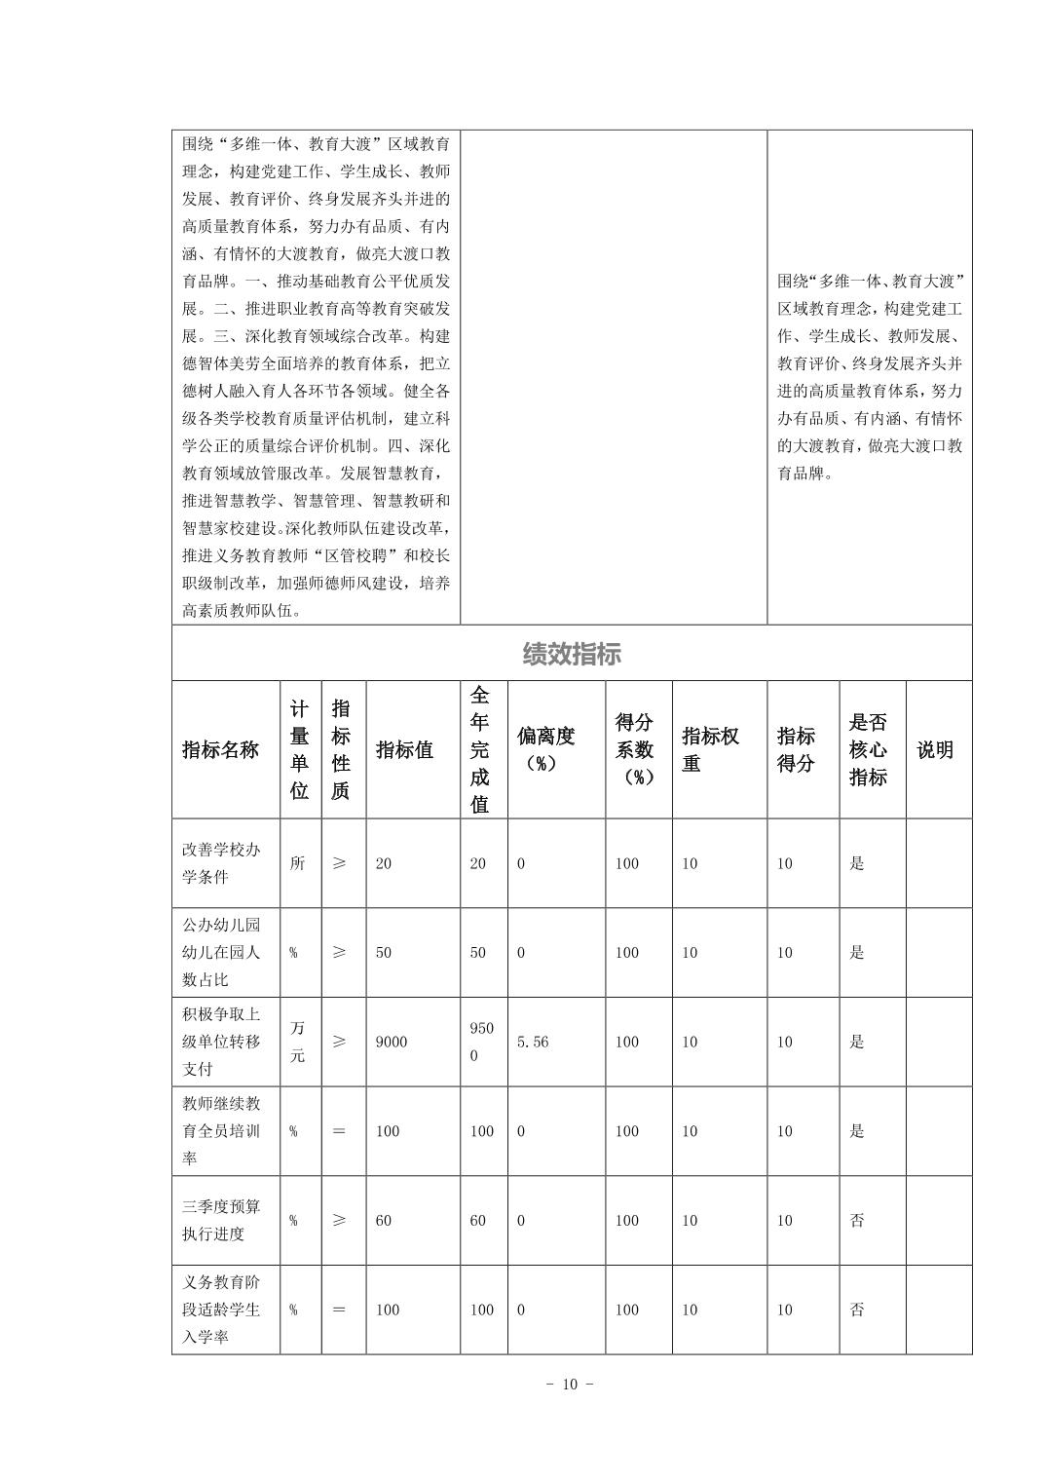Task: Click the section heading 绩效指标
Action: click(x=572, y=654)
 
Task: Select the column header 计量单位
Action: click(x=299, y=750)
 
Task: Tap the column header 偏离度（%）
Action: click(x=545, y=750)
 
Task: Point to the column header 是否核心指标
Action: click(x=868, y=750)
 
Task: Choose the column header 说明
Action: click(x=935, y=750)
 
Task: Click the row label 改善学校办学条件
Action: click(x=221, y=863)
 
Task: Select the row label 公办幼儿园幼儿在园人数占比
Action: click(x=221, y=952)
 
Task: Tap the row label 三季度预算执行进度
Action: click(x=221, y=1220)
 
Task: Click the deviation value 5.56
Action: click(x=533, y=1042)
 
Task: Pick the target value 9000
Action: click(x=392, y=1042)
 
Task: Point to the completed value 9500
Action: click(x=481, y=1042)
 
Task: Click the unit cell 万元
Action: click(x=297, y=1042)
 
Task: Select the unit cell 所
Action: click(x=297, y=863)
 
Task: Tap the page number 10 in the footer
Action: click(x=571, y=1385)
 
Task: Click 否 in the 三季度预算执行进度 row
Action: click(x=857, y=1221)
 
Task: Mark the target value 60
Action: click(x=384, y=1221)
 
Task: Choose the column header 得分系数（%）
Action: click(x=634, y=750)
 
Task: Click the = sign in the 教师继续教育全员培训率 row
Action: click(x=339, y=1131)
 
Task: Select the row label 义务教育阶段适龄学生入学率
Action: click(x=221, y=1310)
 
